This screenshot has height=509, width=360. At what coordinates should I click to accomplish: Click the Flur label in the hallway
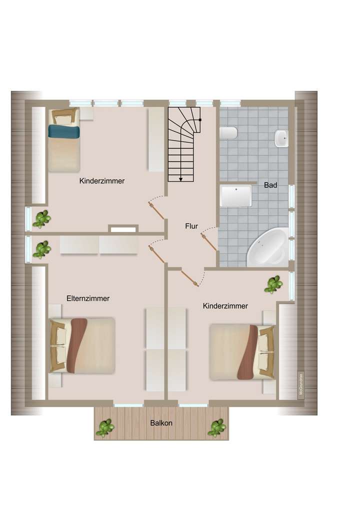[191, 226]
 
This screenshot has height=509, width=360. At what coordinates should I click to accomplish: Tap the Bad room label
[270, 185]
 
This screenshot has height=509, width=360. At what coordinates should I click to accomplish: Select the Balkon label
[161, 423]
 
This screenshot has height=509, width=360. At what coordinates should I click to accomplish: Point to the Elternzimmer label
[88, 298]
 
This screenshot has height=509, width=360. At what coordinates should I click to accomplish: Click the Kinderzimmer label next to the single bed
[101, 181]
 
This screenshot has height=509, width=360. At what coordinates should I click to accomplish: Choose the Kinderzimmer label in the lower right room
[225, 306]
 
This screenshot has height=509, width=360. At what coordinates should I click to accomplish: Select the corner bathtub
[268, 248]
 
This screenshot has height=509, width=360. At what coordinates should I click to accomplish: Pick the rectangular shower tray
[235, 196]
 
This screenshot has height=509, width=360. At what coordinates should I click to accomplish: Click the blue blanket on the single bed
[63, 131]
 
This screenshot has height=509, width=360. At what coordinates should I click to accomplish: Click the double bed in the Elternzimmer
[82, 345]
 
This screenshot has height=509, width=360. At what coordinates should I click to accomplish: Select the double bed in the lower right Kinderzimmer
[242, 352]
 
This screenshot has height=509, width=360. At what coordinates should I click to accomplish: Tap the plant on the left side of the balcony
[105, 427]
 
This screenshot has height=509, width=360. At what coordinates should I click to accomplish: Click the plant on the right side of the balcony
[216, 427]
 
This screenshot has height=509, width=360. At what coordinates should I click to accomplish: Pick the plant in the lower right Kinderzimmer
[273, 284]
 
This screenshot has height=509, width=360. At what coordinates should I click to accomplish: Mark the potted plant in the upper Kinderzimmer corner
[41, 218]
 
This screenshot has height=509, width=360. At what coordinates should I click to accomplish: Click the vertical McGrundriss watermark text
[301, 384]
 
